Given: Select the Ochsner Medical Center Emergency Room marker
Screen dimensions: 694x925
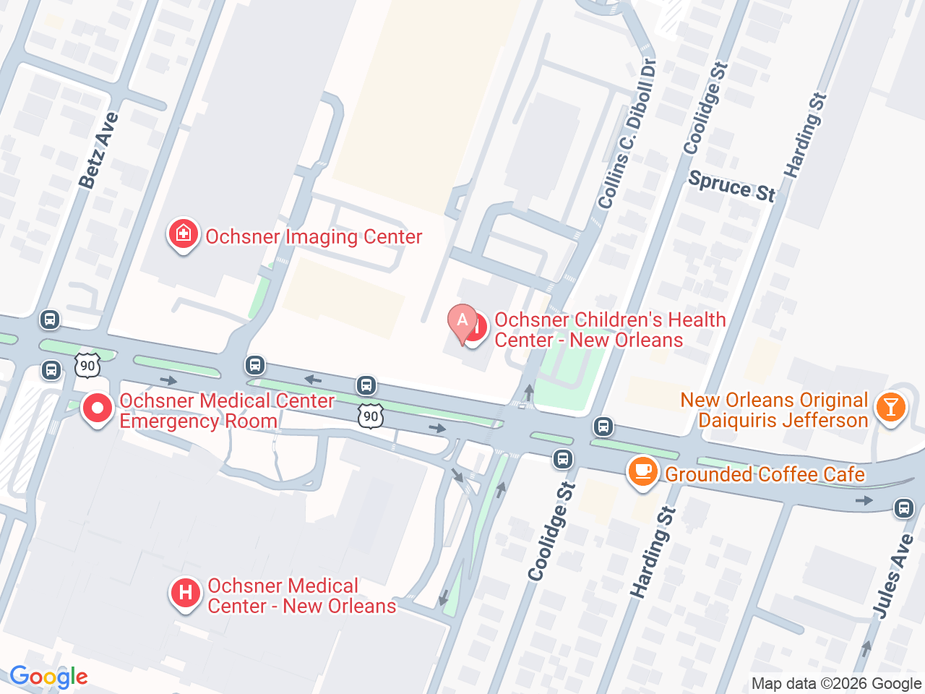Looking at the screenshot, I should [98, 409].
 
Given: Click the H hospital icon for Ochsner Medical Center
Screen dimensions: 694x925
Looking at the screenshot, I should [186, 594].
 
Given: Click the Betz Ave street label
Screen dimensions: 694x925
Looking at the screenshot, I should [98, 150].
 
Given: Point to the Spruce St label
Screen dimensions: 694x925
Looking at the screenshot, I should [731, 187].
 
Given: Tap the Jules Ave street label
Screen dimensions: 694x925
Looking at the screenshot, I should [893, 576].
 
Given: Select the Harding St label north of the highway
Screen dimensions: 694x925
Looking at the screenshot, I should [805, 135].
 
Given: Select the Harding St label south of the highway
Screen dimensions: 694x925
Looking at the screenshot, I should [653, 552].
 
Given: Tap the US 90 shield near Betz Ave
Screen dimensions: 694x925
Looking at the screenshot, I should [87, 365].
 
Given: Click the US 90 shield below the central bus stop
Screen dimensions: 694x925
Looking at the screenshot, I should [370, 416].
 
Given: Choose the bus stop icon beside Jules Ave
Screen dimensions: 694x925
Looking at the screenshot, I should [903, 508].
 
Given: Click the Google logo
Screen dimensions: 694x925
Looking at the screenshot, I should [48, 677].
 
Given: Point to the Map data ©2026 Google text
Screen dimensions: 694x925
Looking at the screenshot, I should [836, 683].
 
